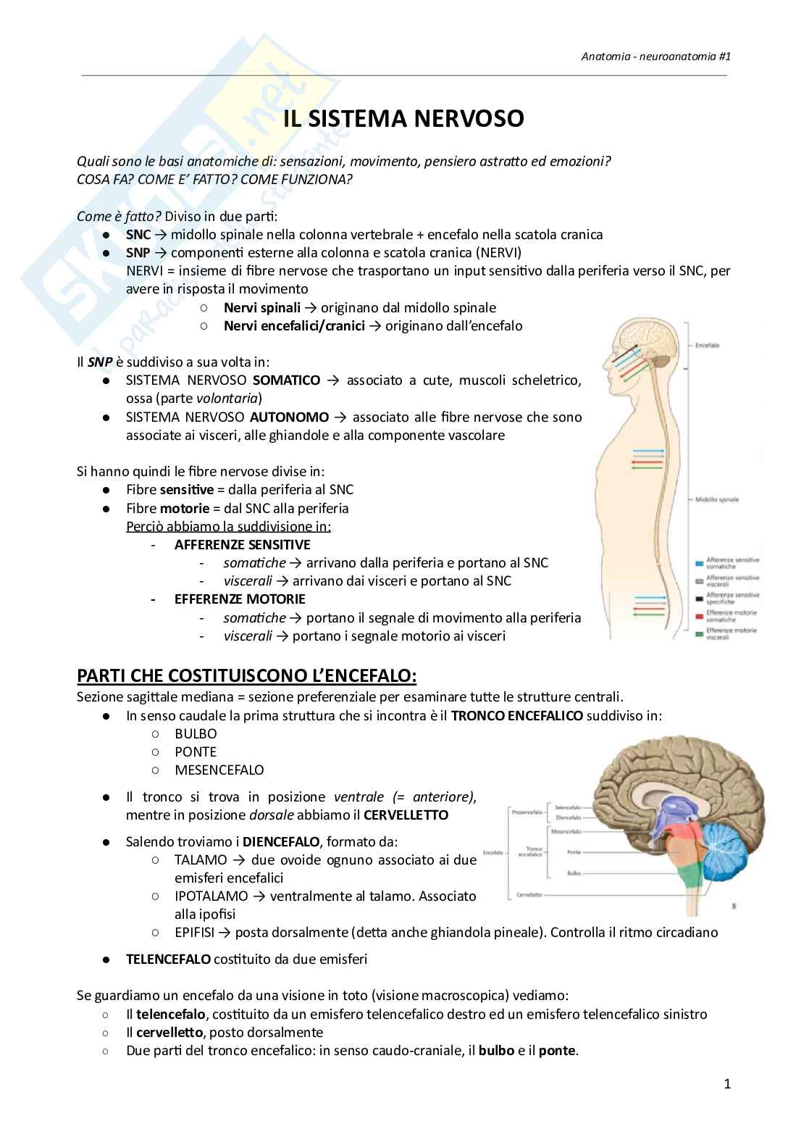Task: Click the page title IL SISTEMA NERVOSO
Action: (403, 119)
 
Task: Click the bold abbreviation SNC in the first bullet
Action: (138, 234)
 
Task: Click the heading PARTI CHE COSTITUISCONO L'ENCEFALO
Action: (247, 676)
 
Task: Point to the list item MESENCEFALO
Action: (219, 770)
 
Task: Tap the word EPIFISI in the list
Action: (193, 933)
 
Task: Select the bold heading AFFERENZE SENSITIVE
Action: (242, 544)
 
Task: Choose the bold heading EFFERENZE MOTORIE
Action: (240, 599)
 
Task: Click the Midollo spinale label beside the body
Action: (716, 499)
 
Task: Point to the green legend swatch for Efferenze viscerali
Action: (699, 633)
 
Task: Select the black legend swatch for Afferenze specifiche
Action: (699, 598)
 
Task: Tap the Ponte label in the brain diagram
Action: (574, 852)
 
